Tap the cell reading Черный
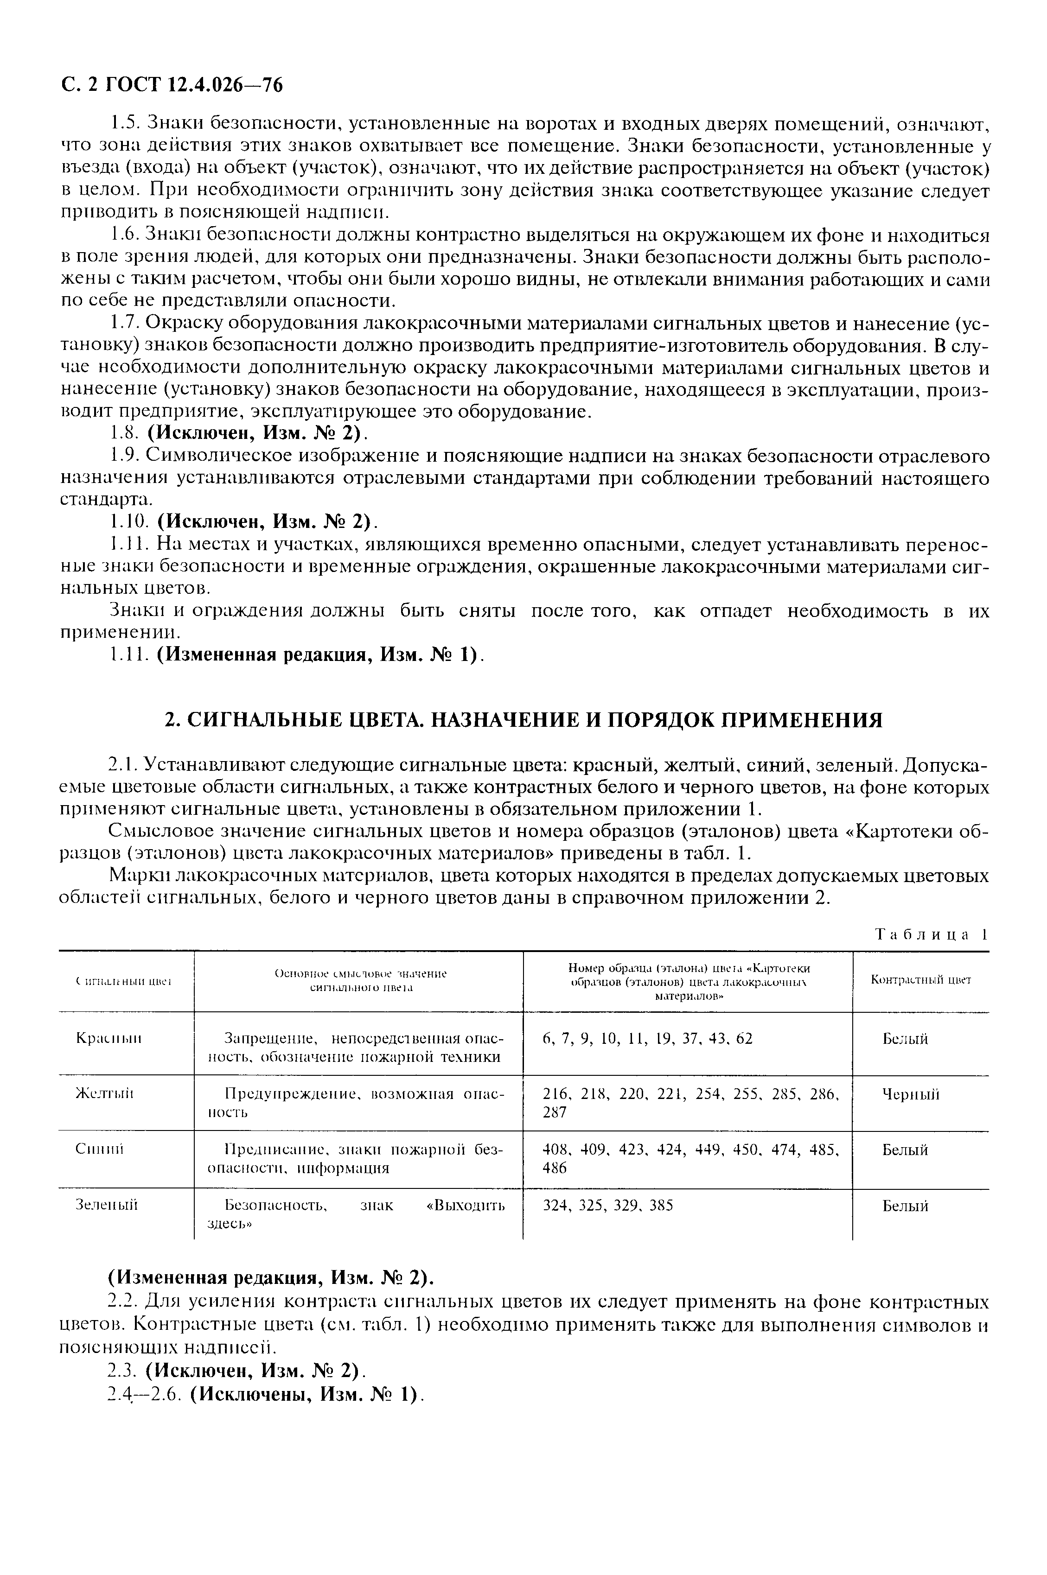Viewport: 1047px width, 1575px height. pyautogui.click(x=911, y=1094)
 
